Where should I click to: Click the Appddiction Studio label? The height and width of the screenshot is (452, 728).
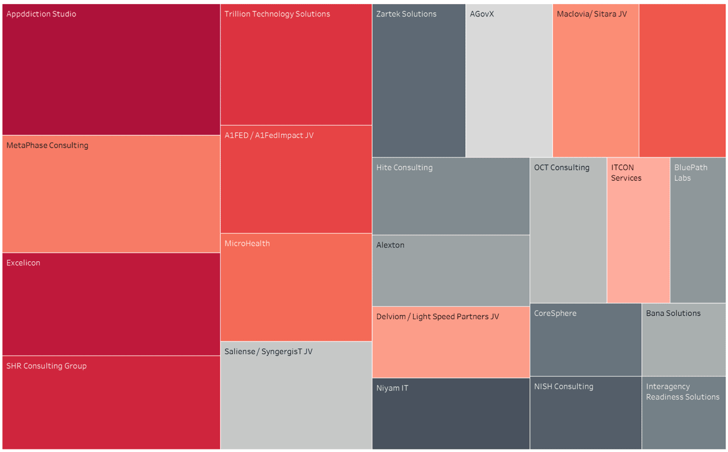point(41,14)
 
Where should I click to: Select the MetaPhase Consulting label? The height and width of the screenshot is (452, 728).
point(47,146)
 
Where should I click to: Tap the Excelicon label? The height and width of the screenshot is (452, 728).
point(23,263)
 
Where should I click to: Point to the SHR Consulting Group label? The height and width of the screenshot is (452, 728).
point(46,366)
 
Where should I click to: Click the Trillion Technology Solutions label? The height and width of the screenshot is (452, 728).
point(277,14)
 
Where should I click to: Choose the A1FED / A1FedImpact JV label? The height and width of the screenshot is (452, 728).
point(269,135)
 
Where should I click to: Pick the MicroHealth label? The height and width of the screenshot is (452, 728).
point(247,244)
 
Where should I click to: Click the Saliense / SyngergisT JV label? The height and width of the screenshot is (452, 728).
point(268,351)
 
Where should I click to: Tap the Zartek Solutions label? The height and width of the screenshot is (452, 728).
point(406,14)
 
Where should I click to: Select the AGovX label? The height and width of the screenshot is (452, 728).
point(482,14)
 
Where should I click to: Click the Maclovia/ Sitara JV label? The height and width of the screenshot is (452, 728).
point(592,14)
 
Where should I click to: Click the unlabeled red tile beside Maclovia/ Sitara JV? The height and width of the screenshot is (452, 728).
point(682,80)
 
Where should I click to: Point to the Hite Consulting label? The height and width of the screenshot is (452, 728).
point(404,167)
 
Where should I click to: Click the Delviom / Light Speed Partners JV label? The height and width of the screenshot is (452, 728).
point(438,317)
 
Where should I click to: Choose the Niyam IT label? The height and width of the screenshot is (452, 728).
point(392,388)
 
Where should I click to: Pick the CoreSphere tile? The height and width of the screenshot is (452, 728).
point(585,340)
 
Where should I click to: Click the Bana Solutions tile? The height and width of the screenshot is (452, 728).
point(683,340)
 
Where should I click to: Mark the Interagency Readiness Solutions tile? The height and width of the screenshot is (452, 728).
point(683,413)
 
